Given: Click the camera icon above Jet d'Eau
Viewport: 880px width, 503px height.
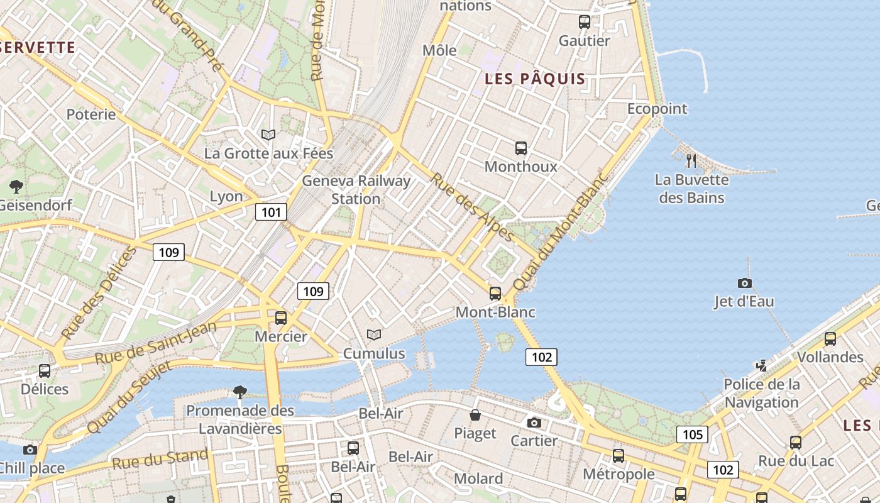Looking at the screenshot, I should click(745, 284).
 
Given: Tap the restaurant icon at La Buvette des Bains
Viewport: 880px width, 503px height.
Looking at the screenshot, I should click(691, 161).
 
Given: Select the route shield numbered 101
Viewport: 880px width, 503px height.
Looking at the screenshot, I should click(271, 212).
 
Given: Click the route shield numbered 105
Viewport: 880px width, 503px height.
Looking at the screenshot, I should click(692, 434).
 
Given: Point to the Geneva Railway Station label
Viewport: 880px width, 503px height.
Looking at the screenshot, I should click(356, 190).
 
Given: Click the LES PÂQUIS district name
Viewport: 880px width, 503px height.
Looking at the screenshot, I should click(535, 79).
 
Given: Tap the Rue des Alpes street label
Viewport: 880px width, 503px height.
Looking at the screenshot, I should click(472, 206).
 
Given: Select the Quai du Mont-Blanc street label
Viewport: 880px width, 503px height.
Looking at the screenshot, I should click(561, 231).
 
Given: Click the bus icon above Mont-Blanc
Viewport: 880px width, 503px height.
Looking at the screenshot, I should click(495, 294).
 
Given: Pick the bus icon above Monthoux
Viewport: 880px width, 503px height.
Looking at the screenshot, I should click(521, 148).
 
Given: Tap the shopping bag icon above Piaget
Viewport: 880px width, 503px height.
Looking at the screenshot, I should click(476, 415).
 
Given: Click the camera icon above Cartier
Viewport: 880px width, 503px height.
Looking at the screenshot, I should click(534, 423).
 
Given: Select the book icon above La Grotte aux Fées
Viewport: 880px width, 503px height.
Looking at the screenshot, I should click(268, 135).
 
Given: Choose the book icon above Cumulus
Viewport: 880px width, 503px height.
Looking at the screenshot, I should click(374, 335).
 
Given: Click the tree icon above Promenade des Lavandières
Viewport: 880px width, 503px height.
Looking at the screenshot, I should click(239, 392).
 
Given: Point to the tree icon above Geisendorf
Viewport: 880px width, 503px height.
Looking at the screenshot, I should click(16, 186).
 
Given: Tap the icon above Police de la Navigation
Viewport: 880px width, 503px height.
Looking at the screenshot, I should click(762, 365).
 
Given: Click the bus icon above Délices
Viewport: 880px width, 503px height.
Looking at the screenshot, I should click(45, 370).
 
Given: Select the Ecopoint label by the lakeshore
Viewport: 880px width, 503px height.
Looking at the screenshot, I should click(657, 109).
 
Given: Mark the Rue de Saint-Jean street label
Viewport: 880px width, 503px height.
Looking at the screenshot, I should click(155, 343).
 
